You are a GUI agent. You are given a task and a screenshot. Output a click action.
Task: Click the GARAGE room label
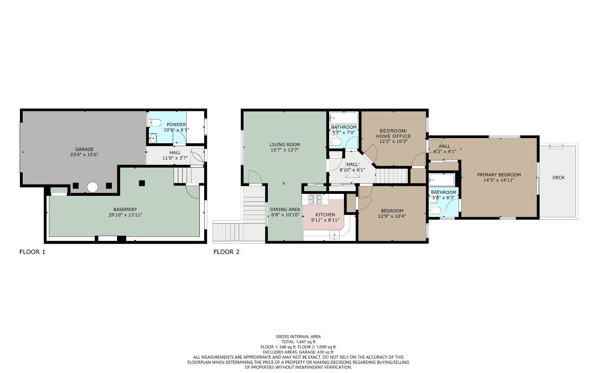click(x=84, y=149)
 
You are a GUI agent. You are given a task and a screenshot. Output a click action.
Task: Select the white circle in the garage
click(x=92, y=187)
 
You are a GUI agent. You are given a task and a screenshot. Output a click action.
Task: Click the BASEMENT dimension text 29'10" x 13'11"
click(x=125, y=215)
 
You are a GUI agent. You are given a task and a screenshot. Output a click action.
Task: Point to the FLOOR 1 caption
click(x=32, y=252)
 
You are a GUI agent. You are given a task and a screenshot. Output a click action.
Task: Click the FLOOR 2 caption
click(x=226, y=252)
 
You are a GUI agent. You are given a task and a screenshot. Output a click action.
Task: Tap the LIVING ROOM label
click(x=285, y=145)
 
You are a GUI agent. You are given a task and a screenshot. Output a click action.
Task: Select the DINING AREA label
click(x=285, y=209)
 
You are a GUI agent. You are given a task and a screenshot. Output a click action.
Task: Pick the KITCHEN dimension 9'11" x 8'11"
click(x=325, y=220)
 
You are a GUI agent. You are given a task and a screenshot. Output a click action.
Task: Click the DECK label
click(x=558, y=178)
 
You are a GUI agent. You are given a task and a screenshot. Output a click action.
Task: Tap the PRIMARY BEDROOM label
click(x=499, y=175)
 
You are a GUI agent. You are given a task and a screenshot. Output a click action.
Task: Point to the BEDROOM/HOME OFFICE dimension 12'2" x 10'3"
click(x=393, y=141)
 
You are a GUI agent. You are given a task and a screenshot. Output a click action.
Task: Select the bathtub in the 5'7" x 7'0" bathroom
click(x=344, y=118)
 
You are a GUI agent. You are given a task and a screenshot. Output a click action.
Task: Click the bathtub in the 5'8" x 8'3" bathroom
click(x=442, y=180)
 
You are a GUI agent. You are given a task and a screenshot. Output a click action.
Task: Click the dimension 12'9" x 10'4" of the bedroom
click(x=392, y=216)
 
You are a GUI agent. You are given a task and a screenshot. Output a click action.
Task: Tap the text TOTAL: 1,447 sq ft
click(x=298, y=342)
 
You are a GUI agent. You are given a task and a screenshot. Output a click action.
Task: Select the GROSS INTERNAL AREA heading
click(x=298, y=337)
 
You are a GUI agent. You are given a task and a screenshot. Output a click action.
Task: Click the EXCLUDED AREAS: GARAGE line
click(x=298, y=352)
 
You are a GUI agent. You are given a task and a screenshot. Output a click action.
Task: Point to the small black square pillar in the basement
click(x=142, y=183)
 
